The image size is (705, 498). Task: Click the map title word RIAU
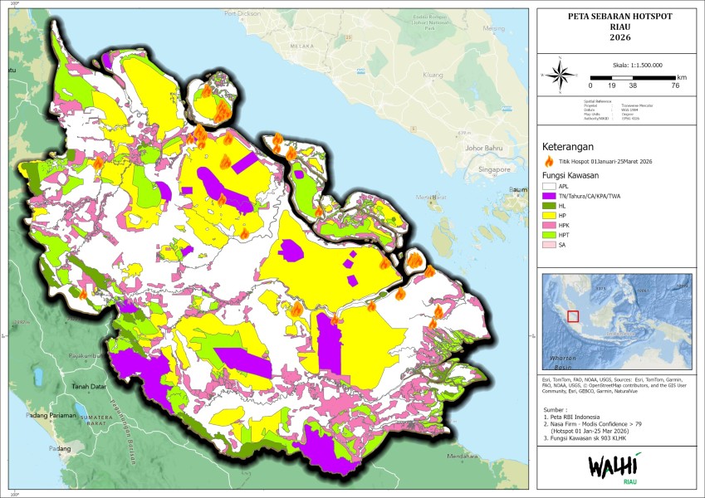614,27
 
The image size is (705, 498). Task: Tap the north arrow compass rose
561,75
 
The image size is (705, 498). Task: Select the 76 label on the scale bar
675,85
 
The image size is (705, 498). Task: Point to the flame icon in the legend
548,161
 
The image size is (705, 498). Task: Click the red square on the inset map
573,315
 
